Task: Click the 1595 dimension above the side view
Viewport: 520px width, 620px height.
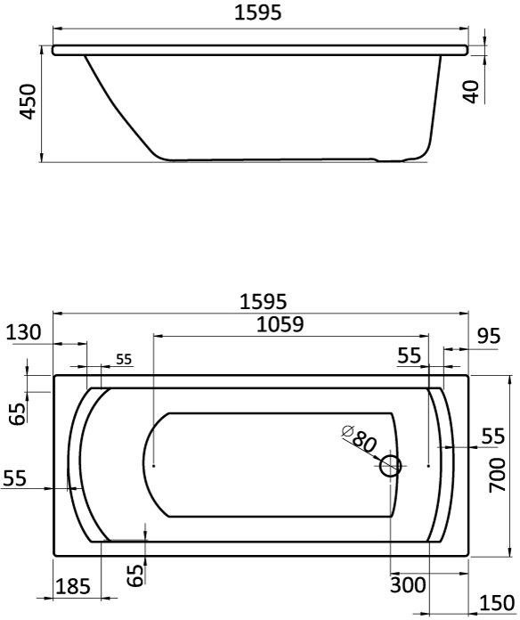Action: [x=258, y=12]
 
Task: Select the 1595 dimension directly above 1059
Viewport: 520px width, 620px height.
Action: [x=264, y=302]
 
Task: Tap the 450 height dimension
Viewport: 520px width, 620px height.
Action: [x=28, y=102]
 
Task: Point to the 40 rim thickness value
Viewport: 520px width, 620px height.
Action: [x=471, y=92]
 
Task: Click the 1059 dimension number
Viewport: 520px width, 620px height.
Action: [x=280, y=324]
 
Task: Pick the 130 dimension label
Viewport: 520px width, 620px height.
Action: [x=24, y=332]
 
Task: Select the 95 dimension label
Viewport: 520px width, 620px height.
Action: [x=489, y=336]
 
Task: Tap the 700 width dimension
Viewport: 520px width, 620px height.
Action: [x=498, y=475]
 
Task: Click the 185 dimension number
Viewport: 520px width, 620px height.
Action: [x=73, y=586]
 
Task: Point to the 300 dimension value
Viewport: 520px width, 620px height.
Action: [x=408, y=584]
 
